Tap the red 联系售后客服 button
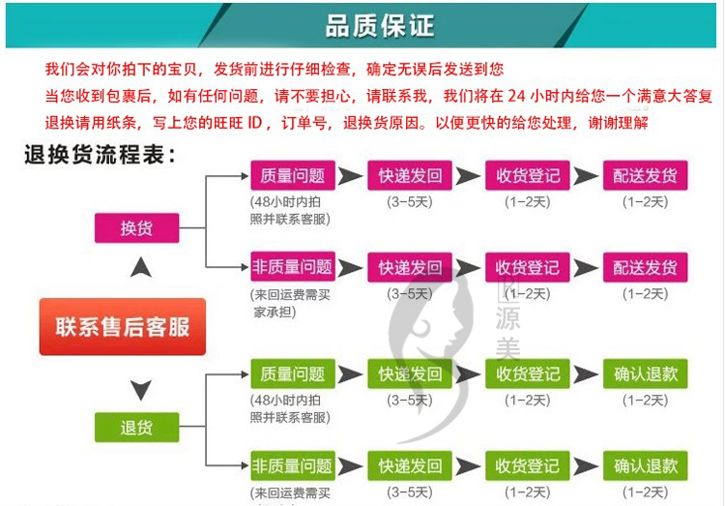pos(123,326)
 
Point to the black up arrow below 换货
pos(140,267)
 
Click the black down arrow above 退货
pos(140,390)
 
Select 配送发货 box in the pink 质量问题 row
pos(645,176)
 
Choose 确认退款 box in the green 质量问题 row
pos(645,373)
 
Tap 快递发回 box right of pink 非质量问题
pos(410,267)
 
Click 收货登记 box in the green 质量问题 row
pos(527,373)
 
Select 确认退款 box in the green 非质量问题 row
pos(645,465)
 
